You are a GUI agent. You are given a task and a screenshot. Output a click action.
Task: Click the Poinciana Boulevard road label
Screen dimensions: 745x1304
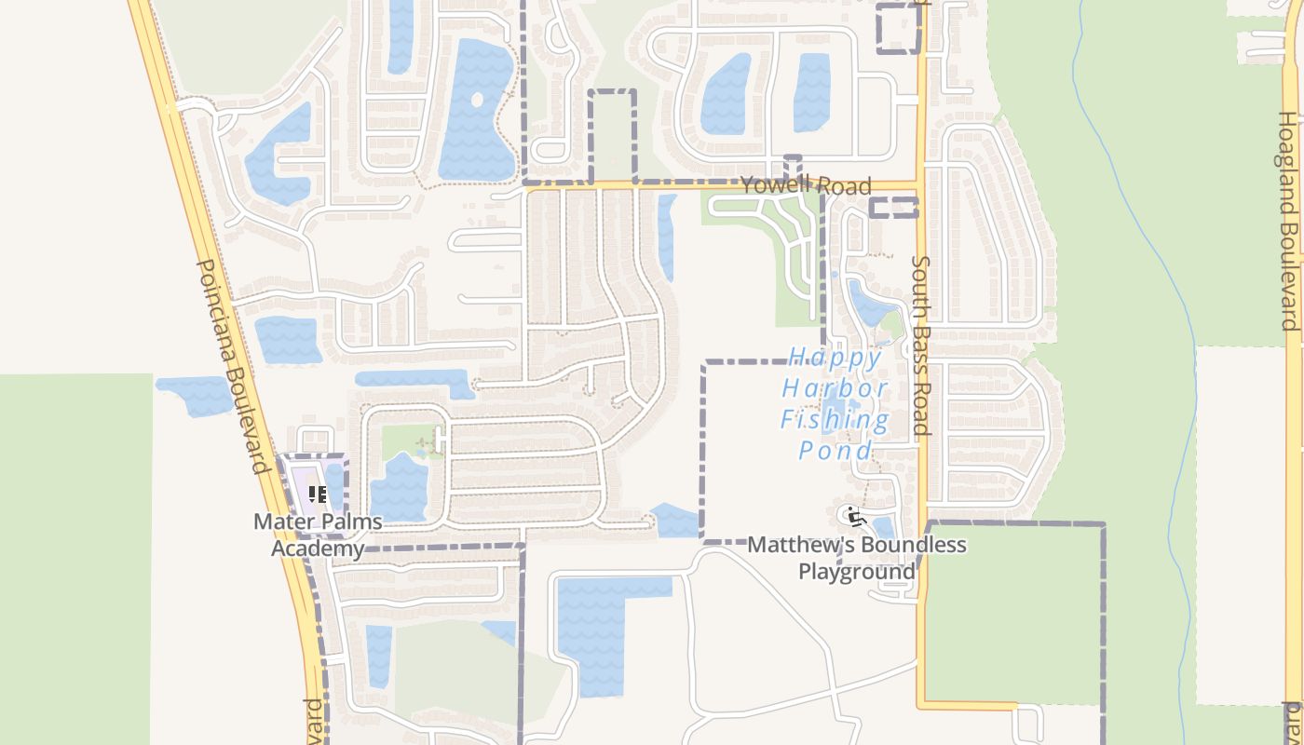[x=232, y=366]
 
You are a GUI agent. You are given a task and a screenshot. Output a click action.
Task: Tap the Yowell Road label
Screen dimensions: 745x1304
[x=806, y=185]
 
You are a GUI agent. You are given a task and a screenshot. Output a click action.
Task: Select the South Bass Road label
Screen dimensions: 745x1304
[x=921, y=346]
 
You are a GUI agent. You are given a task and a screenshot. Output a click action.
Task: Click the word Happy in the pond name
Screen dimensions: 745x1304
[x=835, y=358]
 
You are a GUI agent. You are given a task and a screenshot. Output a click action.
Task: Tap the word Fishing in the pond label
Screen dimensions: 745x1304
[x=835, y=419]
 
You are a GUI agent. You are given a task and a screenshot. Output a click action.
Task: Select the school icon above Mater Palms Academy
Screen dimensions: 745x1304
[x=317, y=494]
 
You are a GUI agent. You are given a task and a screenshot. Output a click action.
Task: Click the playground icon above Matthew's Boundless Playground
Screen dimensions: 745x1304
[x=855, y=516]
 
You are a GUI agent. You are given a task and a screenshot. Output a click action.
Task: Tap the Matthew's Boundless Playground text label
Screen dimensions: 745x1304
[x=857, y=557]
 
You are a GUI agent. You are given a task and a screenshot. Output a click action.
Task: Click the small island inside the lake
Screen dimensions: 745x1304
[x=477, y=99]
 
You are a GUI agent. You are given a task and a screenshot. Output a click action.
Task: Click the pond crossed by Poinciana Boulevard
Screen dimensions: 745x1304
[x=196, y=395]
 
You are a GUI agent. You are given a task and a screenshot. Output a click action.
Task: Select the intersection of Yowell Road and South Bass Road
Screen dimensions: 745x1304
[x=920, y=186]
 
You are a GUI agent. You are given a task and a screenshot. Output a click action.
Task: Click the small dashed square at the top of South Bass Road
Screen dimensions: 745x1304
[x=899, y=28]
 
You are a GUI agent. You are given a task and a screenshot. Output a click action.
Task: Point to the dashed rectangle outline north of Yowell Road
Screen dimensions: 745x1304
[x=613, y=135]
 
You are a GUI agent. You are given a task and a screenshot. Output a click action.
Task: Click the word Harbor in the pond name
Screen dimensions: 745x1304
[x=835, y=388]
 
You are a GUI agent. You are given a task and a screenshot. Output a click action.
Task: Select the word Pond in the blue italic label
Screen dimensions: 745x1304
[x=835, y=451]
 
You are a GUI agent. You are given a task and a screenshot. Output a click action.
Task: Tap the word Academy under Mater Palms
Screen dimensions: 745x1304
[x=318, y=548]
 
